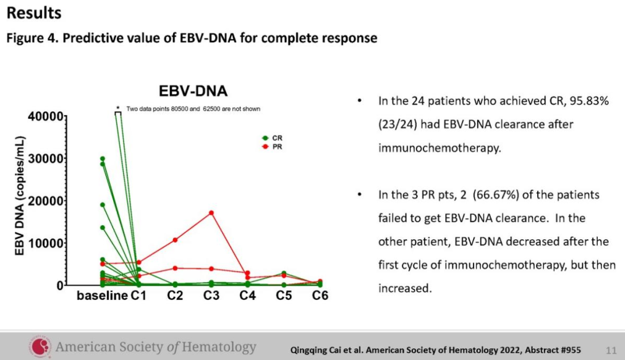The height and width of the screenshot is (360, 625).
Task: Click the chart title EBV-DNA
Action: tap(193, 91)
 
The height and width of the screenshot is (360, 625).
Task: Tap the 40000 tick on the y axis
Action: tap(46, 116)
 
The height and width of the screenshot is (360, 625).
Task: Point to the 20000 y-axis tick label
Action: tap(46, 201)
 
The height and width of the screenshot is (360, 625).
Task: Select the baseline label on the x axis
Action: tap(102, 296)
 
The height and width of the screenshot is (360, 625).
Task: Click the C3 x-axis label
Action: tap(211, 296)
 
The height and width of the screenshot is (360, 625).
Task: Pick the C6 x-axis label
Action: tap(320, 296)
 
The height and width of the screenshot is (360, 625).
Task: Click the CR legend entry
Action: tap(272, 138)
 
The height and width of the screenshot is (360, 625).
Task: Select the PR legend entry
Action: tap(272, 147)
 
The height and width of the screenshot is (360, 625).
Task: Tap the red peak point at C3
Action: tap(211, 213)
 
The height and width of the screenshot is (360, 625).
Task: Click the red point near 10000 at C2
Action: tap(175, 240)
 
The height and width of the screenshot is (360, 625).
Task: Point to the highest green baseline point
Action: tap(103, 159)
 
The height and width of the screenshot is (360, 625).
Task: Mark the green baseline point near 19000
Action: tap(103, 205)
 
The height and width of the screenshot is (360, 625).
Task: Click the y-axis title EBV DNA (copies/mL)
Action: tap(20, 195)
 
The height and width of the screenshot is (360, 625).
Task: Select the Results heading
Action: tap(34, 13)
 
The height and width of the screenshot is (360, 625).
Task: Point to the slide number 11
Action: tap(611, 351)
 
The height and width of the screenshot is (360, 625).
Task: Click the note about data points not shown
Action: tap(193, 109)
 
